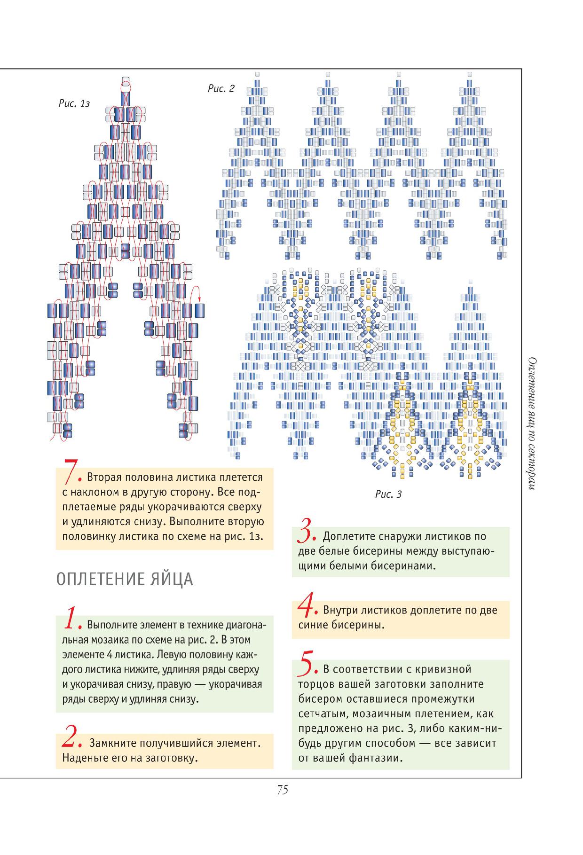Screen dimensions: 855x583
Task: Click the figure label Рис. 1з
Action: tap(74, 104)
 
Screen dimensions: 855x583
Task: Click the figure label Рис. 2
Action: tap(221, 88)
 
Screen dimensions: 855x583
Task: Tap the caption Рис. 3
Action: tap(388, 494)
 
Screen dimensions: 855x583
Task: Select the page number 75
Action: tap(282, 790)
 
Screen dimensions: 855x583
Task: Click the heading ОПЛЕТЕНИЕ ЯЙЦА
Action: tap(125, 580)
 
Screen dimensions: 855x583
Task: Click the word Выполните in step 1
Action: tap(111, 626)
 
